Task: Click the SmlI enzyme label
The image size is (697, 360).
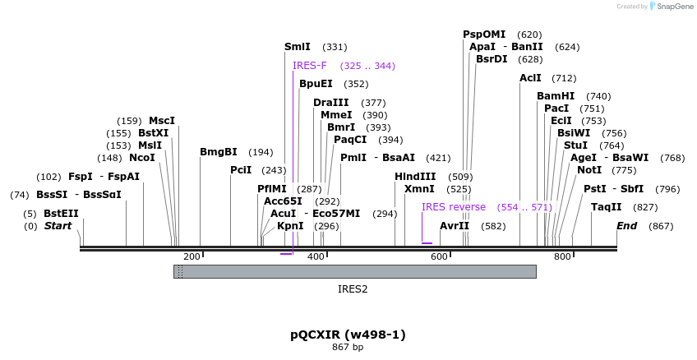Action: click(298, 48)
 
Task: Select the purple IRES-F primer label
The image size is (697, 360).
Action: click(309, 66)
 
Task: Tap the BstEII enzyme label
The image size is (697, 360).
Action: click(62, 214)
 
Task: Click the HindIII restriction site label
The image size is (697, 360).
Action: click(415, 177)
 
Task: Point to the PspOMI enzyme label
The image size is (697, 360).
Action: click(484, 35)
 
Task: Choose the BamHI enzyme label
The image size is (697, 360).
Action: click(556, 96)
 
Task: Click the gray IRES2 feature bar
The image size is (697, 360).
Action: click(354, 271)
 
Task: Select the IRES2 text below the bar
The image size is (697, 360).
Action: click(353, 289)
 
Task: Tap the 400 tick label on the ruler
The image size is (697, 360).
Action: click(316, 257)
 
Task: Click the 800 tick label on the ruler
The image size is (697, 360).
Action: click(562, 257)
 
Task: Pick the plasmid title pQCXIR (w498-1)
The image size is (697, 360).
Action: click(348, 335)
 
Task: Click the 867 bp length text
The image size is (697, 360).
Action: click(348, 348)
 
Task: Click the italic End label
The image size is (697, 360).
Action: click(627, 226)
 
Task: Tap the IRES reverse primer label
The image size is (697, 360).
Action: click(454, 207)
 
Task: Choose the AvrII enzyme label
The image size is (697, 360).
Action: click(455, 226)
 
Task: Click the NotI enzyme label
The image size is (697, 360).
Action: click(589, 170)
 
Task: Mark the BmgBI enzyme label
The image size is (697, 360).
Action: click(219, 152)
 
